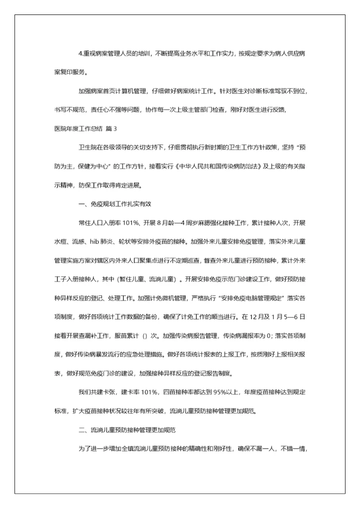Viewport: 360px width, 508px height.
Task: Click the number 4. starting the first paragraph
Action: (x=81, y=54)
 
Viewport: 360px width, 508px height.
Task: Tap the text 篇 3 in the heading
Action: (x=111, y=128)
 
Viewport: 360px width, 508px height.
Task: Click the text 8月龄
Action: (x=173, y=223)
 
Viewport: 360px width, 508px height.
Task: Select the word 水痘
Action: (x=61, y=242)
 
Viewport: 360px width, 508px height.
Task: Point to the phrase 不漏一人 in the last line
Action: (x=265, y=448)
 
